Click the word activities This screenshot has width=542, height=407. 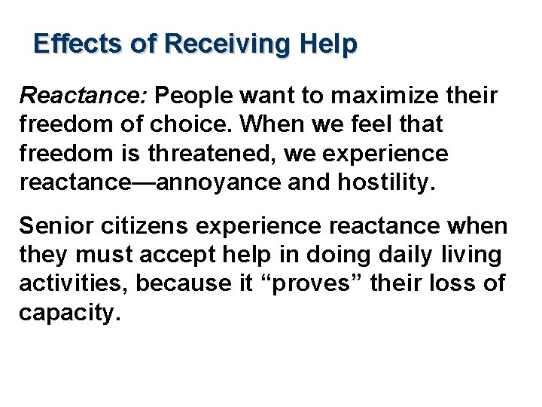[75, 284]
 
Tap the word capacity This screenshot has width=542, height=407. [69, 313]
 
